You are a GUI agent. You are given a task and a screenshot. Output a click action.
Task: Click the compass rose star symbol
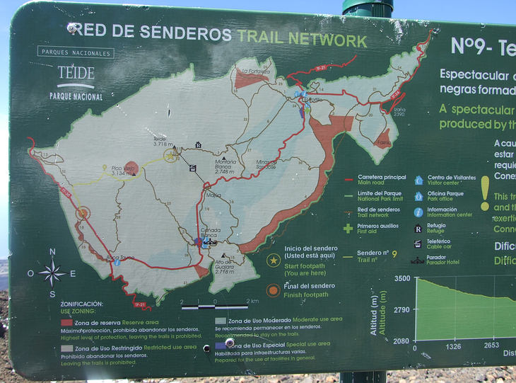(52, 272)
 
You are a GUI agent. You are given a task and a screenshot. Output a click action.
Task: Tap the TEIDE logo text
(76, 73)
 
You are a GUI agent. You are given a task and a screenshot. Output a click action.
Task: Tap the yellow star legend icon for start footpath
(273, 260)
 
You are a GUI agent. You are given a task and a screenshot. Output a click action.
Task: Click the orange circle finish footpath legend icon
(273, 290)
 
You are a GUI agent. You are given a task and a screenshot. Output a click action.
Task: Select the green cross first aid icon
(348, 228)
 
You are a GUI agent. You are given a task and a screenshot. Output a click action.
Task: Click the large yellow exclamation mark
(484, 193)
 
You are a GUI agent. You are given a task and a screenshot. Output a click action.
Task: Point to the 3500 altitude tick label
(401, 279)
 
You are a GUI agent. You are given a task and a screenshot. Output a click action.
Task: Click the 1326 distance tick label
(453, 346)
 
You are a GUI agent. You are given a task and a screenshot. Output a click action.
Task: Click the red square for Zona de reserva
(66, 322)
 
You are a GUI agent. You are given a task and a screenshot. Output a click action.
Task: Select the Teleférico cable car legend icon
(418, 244)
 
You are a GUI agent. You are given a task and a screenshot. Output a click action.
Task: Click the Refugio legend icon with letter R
(418, 229)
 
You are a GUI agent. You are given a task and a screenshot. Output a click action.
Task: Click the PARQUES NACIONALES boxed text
(76, 52)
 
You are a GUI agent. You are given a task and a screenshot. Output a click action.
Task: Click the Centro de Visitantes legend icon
(418, 180)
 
